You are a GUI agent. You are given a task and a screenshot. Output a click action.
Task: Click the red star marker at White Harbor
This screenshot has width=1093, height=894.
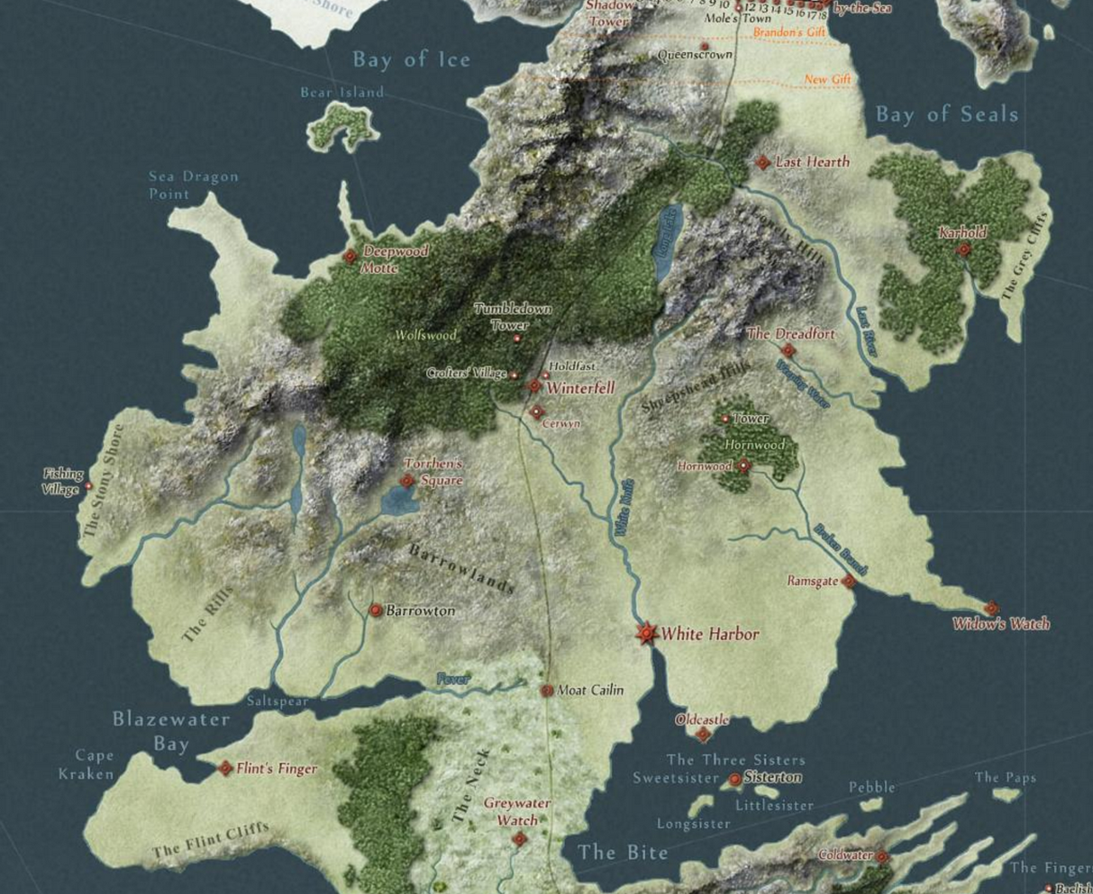646,634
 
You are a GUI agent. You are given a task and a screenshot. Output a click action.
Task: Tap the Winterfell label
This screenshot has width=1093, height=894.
581,388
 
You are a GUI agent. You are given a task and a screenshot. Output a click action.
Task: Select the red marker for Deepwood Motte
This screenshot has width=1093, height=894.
350,257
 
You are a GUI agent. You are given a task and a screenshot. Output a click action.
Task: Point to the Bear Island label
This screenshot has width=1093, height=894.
342,92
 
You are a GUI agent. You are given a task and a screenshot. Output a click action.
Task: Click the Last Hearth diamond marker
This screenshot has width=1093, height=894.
762,162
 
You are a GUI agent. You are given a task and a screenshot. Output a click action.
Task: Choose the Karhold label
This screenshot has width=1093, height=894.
962,232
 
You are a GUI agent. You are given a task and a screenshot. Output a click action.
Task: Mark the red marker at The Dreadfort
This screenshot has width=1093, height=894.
788,350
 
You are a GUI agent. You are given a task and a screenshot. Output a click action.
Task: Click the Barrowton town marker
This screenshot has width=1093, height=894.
376,610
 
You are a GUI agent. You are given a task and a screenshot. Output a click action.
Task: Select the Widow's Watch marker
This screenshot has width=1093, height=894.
991,609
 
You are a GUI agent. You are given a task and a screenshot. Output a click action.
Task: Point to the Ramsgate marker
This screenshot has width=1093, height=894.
848,582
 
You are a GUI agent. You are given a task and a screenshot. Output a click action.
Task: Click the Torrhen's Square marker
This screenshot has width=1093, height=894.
407,481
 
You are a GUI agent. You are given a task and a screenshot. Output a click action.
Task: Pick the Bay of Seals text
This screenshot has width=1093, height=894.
947,114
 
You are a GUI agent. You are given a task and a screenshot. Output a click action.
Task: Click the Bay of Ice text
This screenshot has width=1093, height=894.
412,59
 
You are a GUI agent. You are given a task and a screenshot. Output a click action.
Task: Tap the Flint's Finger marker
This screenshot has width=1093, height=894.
225,768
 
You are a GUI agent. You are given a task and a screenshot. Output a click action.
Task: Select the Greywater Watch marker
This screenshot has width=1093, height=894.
519,839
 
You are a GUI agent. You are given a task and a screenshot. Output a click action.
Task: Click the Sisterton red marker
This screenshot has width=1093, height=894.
734,779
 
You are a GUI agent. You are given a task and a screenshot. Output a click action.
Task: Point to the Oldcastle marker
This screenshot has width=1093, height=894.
704,735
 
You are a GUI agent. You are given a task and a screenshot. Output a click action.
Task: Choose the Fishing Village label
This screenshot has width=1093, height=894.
62,482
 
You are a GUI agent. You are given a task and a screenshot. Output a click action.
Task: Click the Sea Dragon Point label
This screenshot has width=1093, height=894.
193,185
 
